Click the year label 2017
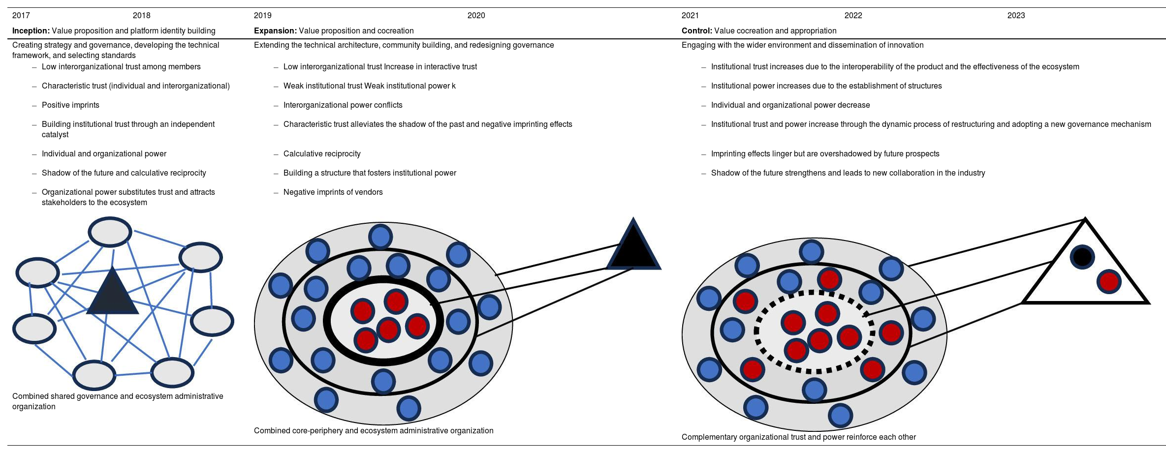tap(21, 16)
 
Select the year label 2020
tap(476, 16)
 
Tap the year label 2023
tap(1016, 16)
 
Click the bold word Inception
tap(31, 31)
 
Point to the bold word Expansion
tap(275, 31)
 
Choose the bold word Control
tap(696, 31)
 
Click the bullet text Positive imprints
tap(70, 105)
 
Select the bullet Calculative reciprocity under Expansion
tap(322, 154)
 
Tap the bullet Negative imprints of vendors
tap(333, 192)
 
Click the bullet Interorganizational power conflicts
tap(343, 105)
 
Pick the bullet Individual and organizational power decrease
tap(790, 105)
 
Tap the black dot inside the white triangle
tap(1082, 257)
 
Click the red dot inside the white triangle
tap(1109, 281)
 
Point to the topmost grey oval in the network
tap(110, 232)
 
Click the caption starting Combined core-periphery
tap(373, 431)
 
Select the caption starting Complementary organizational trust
tap(798, 437)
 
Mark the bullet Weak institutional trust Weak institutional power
tap(369, 86)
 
